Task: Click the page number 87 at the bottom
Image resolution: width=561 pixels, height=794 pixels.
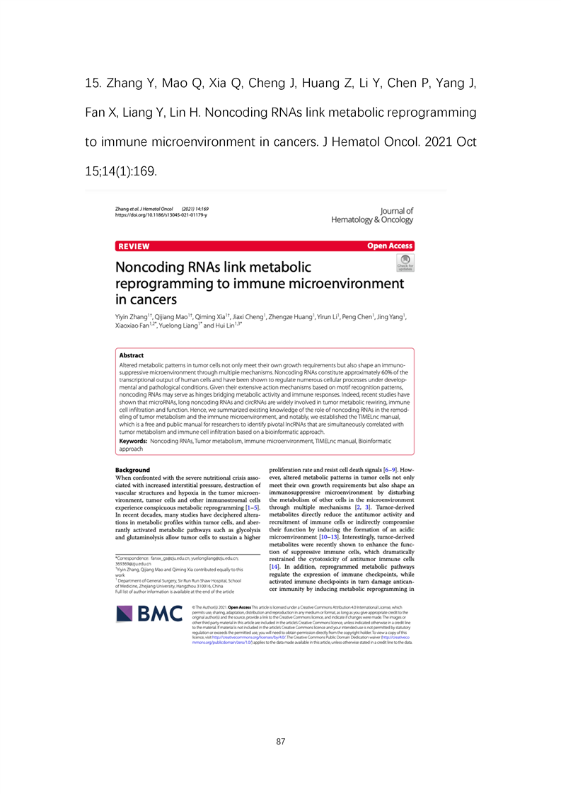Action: [x=281, y=742]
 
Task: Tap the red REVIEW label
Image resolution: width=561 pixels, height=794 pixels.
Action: [x=134, y=246]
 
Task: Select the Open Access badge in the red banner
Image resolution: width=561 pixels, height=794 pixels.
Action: [x=390, y=246]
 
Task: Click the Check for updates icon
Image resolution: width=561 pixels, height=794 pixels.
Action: [x=405, y=264]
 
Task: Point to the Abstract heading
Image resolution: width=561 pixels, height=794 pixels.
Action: [x=131, y=355]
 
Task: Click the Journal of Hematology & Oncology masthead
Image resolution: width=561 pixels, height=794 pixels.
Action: [x=372, y=215]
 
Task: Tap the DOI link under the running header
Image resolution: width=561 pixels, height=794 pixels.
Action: [x=161, y=215]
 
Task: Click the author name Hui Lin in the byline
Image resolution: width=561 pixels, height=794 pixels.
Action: [x=236, y=326]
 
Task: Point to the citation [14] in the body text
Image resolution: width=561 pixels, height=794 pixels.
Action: [x=277, y=568]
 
